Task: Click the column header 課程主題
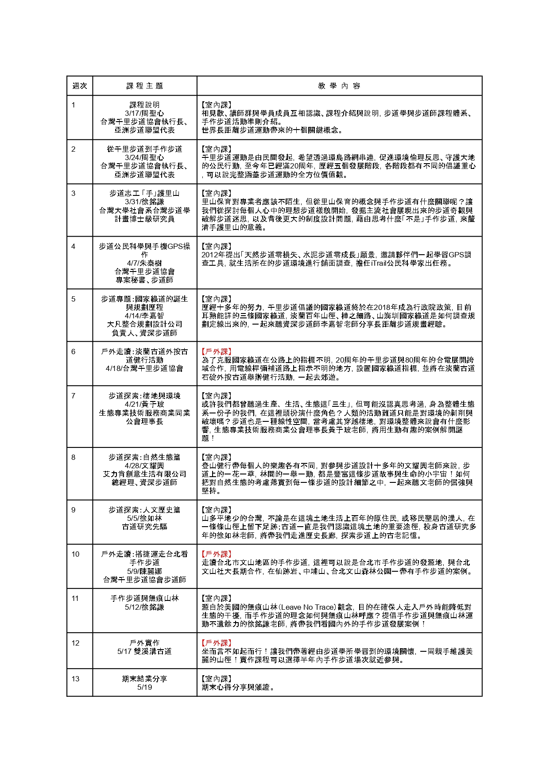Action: (x=145, y=86)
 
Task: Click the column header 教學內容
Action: (x=339, y=86)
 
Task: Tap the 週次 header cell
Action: (x=80, y=86)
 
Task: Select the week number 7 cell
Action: (x=74, y=396)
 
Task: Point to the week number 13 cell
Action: (x=75, y=679)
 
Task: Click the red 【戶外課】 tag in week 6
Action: (x=217, y=352)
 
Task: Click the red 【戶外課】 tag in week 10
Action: (x=217, y=554)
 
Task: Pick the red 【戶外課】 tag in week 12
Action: (x=217, y=643)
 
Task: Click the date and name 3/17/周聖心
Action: (x=144, y=113)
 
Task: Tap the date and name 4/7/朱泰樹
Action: (x=144, y=263)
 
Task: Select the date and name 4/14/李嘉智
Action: (x=144, y=316)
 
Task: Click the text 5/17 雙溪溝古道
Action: (x=144, y=651)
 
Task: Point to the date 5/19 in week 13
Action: (x=144, y=687)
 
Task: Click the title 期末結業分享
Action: (x=144, y=679)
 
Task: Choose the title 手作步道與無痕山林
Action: (x=144, y=598)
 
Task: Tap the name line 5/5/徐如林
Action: (x=144, y=518)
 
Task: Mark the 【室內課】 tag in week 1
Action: (x=217, y=105)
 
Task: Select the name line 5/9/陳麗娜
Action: (x=144, y=571)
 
